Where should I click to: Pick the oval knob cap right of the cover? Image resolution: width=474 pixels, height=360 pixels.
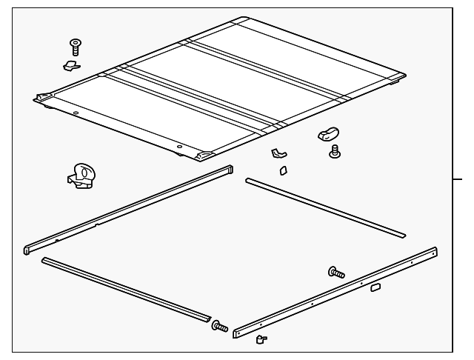tap(327, 135)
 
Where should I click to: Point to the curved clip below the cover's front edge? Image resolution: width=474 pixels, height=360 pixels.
tap(278, 154)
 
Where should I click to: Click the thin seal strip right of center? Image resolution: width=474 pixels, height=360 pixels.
tap(326, 208)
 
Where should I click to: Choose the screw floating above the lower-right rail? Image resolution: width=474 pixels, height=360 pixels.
tap(336, 273)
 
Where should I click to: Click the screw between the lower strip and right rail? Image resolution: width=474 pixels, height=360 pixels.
tap(220, 326)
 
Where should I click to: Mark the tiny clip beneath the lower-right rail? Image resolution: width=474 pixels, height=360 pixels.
tap(261, 339)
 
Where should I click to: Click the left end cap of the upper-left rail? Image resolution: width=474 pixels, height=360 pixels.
tap(28, 248)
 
